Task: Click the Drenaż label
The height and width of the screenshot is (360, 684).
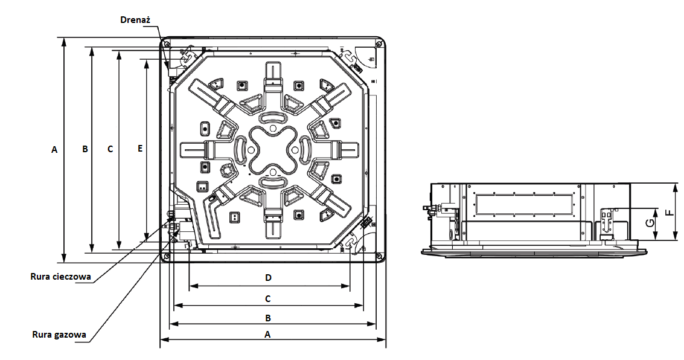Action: coord(135,20)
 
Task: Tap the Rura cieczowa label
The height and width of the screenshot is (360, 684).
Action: coord(60,276)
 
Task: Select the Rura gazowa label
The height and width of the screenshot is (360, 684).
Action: coord(59,335)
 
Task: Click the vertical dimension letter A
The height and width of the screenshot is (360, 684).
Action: coord(54,150)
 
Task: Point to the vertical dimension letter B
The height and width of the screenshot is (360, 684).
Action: coord(85,149)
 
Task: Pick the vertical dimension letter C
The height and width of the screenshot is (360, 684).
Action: coord(110,149)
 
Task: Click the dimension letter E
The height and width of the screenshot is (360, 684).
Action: coord(139,149)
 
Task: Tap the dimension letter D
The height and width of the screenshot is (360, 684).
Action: coord(268,277)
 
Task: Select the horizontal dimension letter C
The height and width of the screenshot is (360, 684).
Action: coord(268,298)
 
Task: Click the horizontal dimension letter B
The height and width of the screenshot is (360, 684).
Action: coord(268,318)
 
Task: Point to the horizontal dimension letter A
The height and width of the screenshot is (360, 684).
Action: coord(268,334)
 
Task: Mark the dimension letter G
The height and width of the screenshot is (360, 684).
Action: coord(650,223)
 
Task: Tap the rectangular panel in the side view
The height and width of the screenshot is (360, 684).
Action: coord(525,204)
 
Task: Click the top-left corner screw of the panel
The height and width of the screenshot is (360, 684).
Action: coord(166,43)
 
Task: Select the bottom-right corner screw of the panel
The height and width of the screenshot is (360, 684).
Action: coord(379,256)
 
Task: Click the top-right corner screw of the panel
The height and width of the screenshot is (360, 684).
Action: coord(379,43)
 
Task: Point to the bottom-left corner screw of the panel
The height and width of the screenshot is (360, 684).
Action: coord(166,256)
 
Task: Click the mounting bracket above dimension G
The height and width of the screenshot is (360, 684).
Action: coord(609,224)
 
